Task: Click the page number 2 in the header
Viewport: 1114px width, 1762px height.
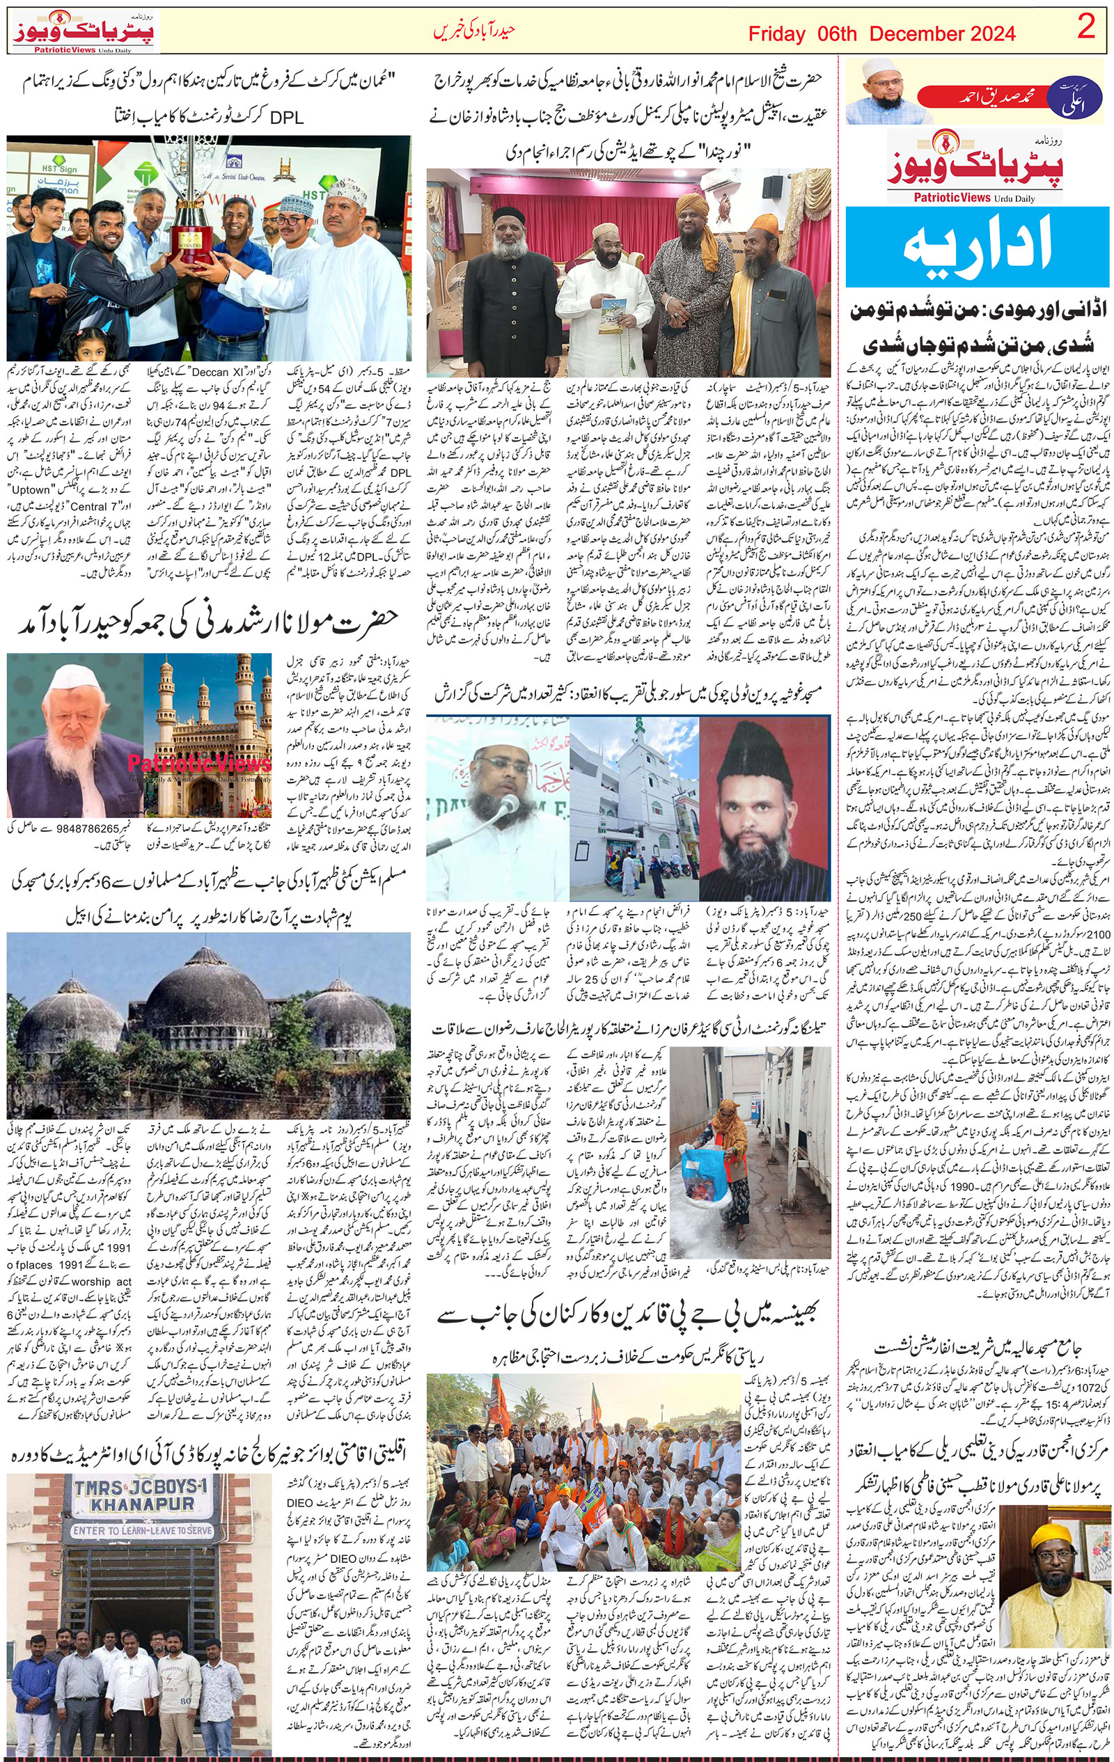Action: pos(1087,30)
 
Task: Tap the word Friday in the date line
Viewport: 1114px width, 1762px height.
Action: pos(776,33)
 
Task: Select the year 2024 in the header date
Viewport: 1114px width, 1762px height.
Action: pos(989,33)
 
